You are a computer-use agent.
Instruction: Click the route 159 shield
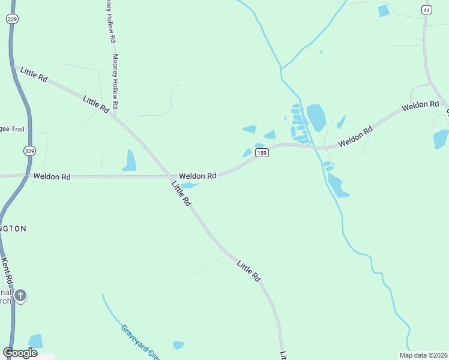coord(261,154)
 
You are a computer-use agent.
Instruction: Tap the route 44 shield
coord(426,10)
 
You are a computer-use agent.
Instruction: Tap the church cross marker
coord(20,296)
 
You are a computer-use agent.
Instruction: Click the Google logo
coord(20,352)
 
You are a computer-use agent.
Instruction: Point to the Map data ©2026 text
coord(424,355)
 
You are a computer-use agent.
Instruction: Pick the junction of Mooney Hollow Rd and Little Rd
coord(115,113)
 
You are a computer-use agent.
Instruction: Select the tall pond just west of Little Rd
coord(130,160)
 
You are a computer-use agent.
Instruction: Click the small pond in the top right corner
coord(384,11)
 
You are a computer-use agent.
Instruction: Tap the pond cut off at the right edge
coord(441,139)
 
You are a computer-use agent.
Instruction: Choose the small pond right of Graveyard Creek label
coord(178,345)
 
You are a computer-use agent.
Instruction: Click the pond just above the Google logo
coord(36,341)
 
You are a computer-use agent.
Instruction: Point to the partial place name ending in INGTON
coord(13,229)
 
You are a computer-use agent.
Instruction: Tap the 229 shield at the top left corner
coord(11,19)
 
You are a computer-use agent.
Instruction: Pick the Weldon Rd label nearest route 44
coord(421,106)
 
